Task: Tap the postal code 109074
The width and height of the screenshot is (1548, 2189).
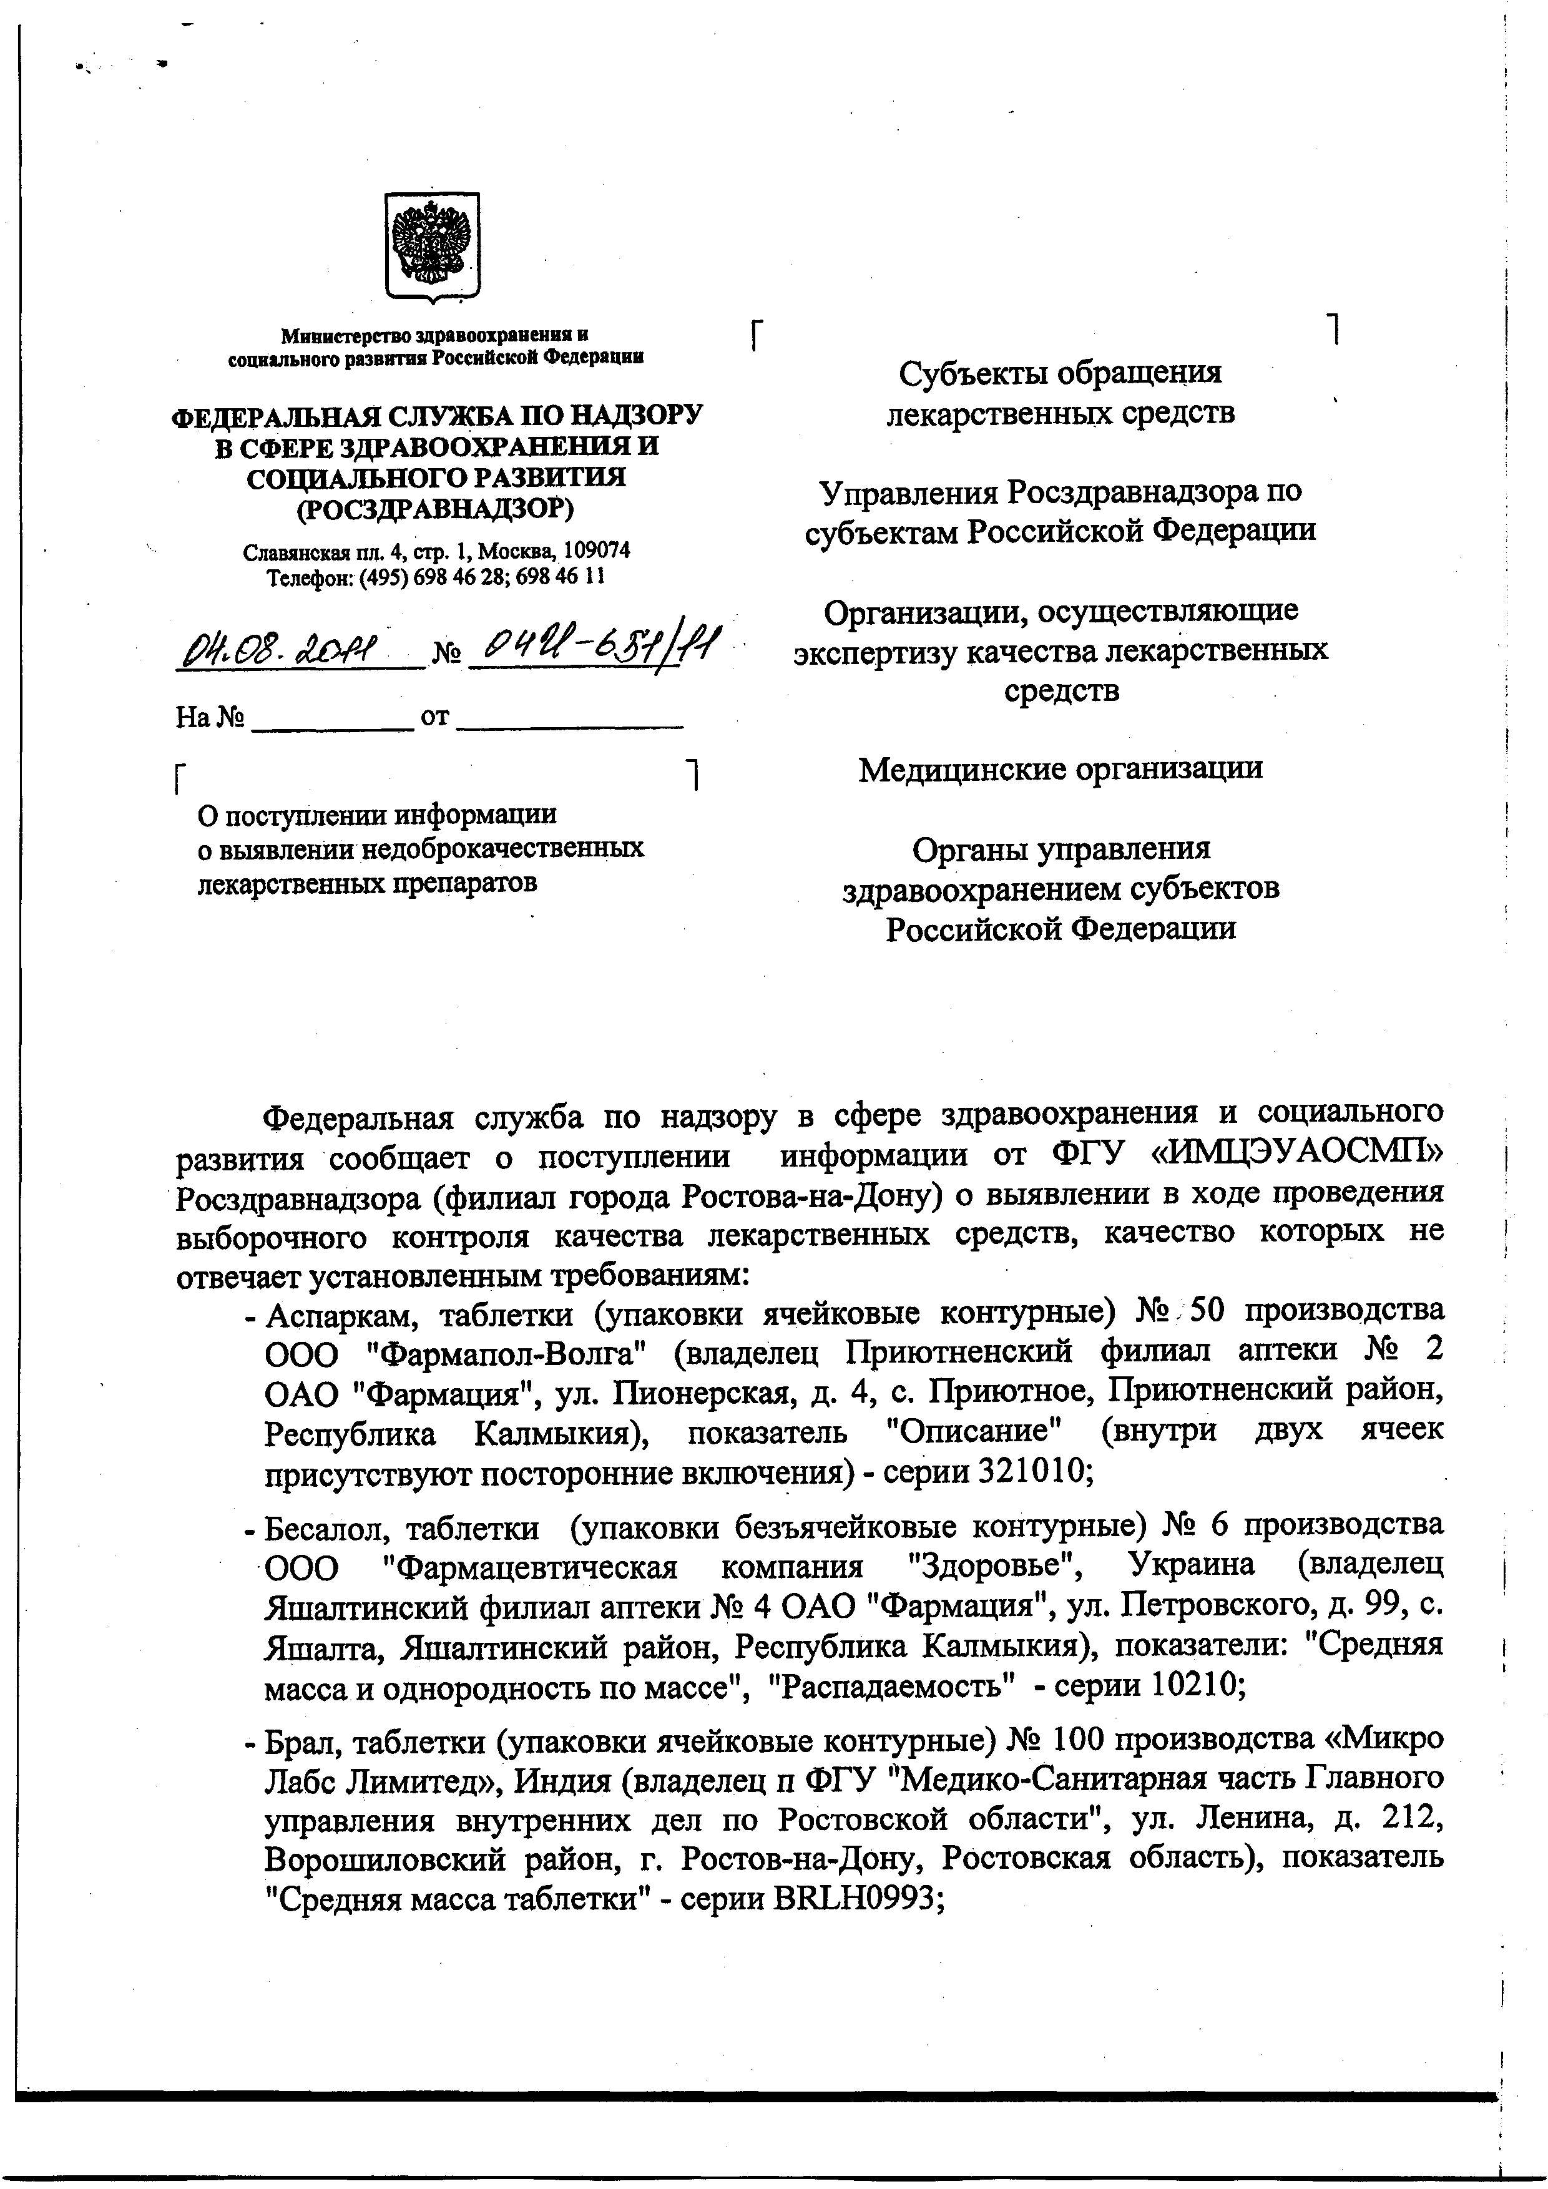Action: coord(597,552)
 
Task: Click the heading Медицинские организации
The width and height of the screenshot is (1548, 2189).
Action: coord(1060,768)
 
